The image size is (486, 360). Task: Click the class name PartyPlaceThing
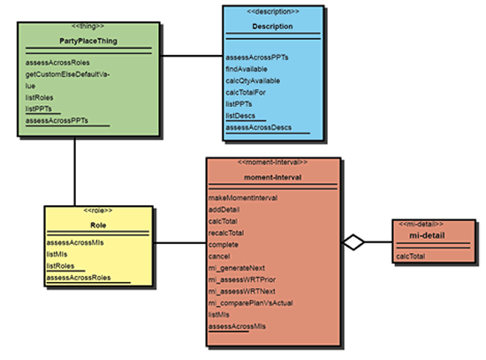[88, 41]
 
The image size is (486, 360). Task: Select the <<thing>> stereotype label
[87, 26]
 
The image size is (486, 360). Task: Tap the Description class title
[272, 27]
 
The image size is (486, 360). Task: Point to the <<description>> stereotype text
[273, 11]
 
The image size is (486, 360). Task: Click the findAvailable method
[247, 69]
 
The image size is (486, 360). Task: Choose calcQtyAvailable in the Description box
[253, 80]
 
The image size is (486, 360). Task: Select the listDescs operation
[240, 116]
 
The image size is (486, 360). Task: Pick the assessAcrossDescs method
[259, 127]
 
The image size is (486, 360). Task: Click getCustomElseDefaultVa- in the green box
[67, 74]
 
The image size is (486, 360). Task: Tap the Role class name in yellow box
[98, 226]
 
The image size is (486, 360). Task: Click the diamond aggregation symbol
[353, 242]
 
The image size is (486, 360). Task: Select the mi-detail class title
[427, 235]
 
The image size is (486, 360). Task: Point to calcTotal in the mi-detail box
[410, 256]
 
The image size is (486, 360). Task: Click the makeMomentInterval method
[243, 197]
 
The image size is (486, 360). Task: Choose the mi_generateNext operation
[237, 268]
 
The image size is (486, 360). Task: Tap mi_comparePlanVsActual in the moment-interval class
[250, 303]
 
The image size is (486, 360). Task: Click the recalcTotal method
[226, 233]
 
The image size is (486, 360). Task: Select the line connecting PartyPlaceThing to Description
[192, 56]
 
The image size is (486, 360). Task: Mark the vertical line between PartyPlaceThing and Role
[75, 172]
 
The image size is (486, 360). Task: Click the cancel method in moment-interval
[219, 257]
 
